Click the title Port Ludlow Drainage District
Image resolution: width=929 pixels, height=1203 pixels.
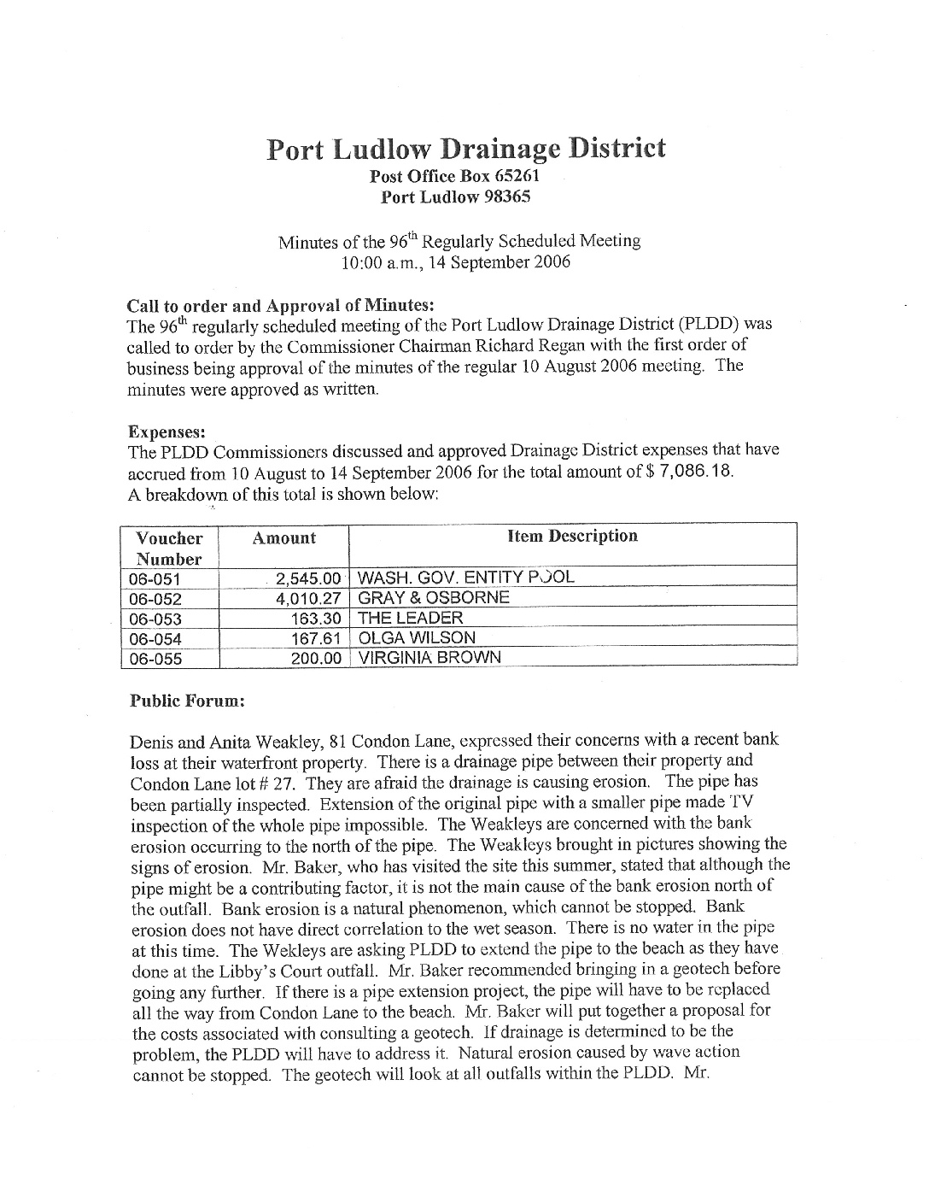[465, 149]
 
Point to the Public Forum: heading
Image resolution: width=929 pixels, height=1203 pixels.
[187, 701]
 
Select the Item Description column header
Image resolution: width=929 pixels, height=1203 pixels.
[572, 537]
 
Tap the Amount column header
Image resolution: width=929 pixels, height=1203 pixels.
[283, 538]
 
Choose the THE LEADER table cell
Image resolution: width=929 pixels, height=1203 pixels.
[411, 618]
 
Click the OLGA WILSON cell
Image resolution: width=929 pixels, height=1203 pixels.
[417, 637]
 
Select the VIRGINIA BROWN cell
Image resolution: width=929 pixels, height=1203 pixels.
[429, 658]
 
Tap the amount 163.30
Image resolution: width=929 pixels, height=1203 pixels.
[317, 619]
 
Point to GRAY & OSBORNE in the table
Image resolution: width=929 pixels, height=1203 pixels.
[434, 598]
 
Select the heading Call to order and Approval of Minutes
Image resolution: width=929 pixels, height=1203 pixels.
[281, 305]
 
